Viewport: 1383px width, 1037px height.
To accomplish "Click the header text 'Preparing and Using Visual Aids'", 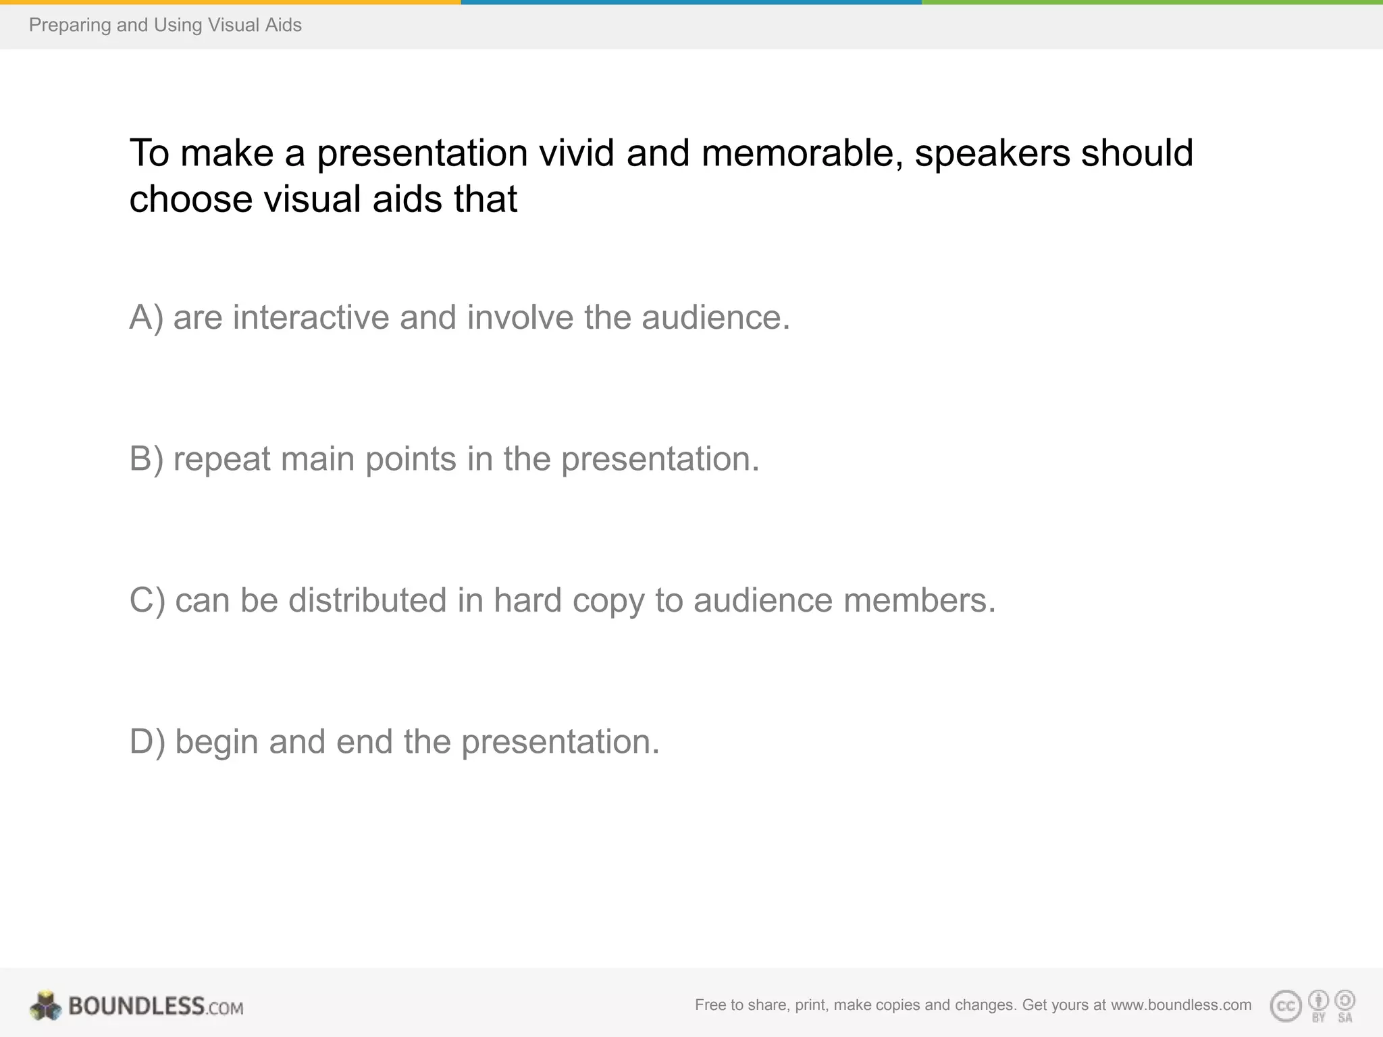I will tap(165, 25).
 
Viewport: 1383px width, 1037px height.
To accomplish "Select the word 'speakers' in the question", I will tap(992, 153).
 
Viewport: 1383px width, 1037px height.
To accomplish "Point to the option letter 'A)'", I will tap(146, 317).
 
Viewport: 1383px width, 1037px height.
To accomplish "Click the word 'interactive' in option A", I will tap(311, 317).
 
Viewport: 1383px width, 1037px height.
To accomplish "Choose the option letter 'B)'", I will tap(146, 459).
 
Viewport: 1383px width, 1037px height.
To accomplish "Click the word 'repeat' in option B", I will tap(221, 459).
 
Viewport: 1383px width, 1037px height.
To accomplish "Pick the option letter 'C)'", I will tap(147, 600).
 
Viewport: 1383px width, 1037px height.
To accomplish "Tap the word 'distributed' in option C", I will tap(367, 600).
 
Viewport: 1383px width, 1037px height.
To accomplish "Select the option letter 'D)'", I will tap(147, 741).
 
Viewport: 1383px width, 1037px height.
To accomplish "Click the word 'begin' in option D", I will tap(217, 741).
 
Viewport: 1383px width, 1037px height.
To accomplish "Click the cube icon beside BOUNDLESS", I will tap(46, 1005).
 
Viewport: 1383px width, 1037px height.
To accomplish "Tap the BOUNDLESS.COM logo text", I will tap(155, 1006).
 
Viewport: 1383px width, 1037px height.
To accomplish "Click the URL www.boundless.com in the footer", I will tap(1180, 1005).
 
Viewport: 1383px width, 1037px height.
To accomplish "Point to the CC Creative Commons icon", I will tap(1286, 1006).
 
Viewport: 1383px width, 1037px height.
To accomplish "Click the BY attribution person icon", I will tap(1318, 1000).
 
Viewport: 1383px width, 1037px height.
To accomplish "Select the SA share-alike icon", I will tap(1345, 1000).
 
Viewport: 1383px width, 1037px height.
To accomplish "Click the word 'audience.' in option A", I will tap(715, 317).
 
